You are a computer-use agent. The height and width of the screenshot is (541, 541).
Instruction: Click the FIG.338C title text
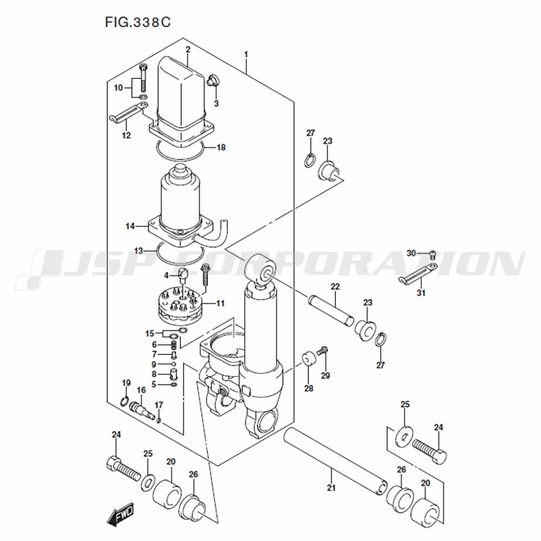[x=137, y=22]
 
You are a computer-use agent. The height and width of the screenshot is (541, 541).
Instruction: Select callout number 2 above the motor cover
[x=188, y=49]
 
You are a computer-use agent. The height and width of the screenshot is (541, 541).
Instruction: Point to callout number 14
[x=130, y=226]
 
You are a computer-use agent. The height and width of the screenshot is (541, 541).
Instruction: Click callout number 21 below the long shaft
[x=331, y=487]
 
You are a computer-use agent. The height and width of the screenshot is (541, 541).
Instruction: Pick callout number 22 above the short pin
[x=335, y=286]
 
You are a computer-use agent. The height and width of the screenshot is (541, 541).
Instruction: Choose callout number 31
[x=421, y=293]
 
